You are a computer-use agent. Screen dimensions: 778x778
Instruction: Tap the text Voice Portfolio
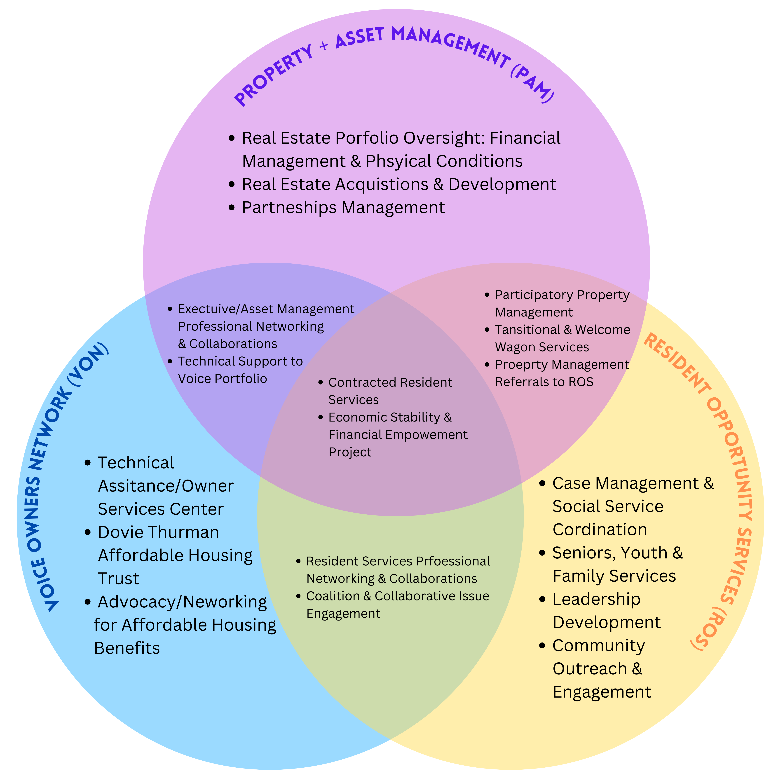[x=222, y=379]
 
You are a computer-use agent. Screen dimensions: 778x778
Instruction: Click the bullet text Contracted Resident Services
[x=390, y=391]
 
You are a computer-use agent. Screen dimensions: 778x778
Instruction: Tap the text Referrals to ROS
[x=544, y=382]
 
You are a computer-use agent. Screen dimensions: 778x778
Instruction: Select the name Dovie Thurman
[x=158, y=532]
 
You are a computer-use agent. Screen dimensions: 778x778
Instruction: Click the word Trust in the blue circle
[x=118, y=579]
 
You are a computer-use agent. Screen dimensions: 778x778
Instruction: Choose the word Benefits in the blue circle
[x=127, y=648]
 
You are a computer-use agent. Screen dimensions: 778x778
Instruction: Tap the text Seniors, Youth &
[x=617, y=553]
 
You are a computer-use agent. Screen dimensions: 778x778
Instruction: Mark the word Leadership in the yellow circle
[x=596, y=599]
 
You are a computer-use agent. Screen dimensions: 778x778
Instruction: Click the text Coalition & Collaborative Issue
[x=397, y=596]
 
